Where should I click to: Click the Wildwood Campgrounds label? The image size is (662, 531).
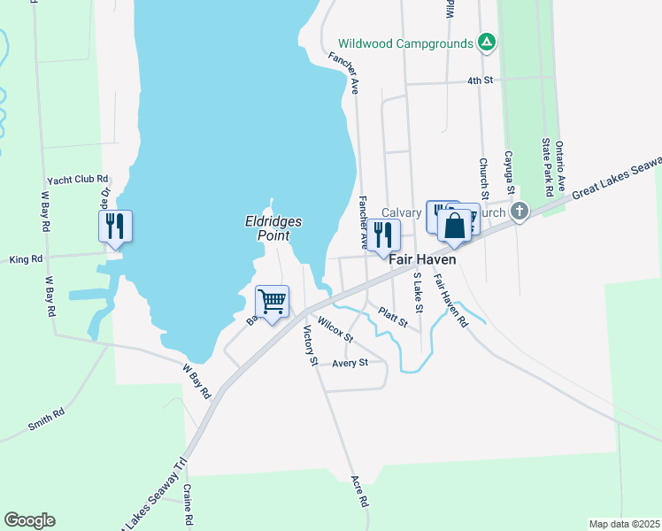(406, 43)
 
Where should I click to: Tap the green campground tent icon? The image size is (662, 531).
(486, 42)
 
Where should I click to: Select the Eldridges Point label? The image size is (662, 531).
(273, 228)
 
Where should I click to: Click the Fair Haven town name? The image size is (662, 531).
(423, 260)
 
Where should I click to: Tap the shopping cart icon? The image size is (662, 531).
(273, 303)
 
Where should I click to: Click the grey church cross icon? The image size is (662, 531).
(520, 212)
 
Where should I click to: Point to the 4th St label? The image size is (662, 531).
(480, 81)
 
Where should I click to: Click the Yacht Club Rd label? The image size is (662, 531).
(78, 179)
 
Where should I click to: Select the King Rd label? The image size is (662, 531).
(26, 259)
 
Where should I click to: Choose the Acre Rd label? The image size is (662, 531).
(359, 489)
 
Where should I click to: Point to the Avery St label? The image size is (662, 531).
(350, 363)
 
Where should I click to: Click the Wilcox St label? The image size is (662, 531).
(335, 331)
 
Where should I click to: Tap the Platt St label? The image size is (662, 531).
(392, 317)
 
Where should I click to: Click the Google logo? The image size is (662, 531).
(29, 520)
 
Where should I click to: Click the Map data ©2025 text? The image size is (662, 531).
(624, 524)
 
